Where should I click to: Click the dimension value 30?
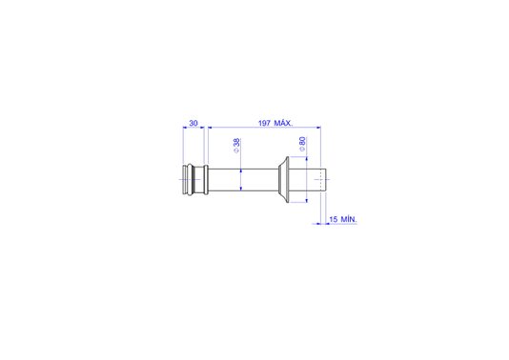click(193, 123)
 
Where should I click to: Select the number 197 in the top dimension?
click(264, 123)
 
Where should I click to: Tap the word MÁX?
click(283, 123)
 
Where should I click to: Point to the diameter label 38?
click(237, 142)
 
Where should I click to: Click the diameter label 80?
click(302, 141)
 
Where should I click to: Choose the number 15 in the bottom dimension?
click(333, 219)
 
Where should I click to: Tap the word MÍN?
click(349, 219)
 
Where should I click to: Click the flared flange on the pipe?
click(284, 180)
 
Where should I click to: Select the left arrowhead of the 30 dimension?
click(185, 128)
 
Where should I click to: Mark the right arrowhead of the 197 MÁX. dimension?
click(318, 128)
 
